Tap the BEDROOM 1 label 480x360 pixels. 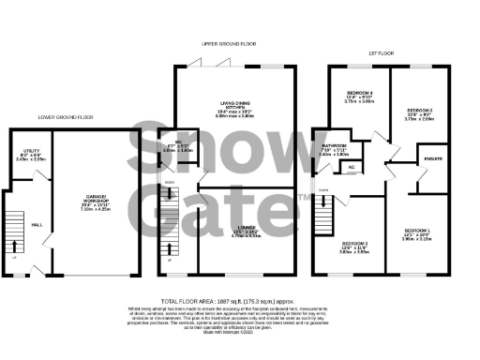pos(417,230)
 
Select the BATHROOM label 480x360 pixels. pos(335,146)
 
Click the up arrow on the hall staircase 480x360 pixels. pos(14,226)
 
